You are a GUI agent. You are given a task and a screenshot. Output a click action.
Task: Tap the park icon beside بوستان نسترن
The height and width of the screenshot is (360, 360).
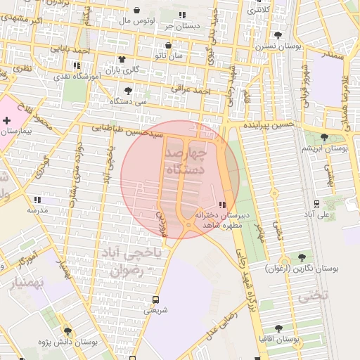click(278, 34)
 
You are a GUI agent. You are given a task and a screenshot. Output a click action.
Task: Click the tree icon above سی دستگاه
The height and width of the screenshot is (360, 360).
click(128, 91)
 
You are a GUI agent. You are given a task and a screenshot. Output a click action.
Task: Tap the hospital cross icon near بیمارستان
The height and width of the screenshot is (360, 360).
click(7, 121)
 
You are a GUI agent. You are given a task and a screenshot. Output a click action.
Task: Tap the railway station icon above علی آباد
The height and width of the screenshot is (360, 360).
click(317, 203)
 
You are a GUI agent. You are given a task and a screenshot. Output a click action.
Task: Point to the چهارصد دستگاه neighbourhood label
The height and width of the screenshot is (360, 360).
click(186, 160)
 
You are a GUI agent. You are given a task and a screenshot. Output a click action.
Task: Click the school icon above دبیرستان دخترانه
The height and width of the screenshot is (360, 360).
click(222, 205)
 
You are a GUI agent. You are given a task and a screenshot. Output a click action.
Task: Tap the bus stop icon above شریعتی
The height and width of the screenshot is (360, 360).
click(155, 297)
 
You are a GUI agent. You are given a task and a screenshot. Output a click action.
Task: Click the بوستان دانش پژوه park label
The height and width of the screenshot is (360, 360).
click(68, 342)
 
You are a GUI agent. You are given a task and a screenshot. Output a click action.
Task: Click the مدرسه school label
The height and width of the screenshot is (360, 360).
click(37, 210)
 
